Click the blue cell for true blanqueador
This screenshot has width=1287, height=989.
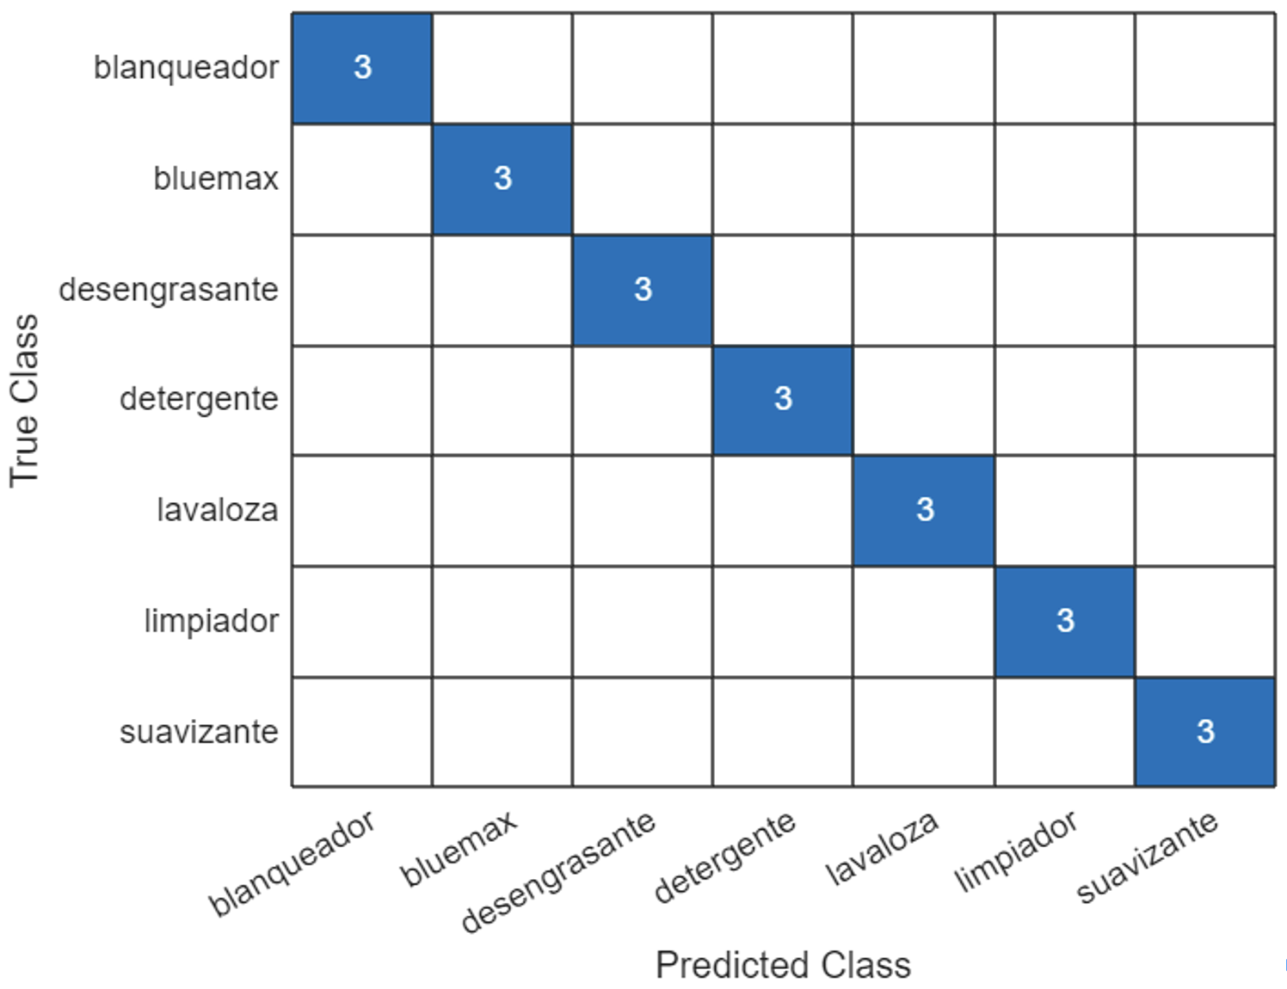[362, 68]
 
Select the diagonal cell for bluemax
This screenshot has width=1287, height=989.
[502, 179]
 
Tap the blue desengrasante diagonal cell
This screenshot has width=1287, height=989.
[643, 290]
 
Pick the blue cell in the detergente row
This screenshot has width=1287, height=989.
[783, 400]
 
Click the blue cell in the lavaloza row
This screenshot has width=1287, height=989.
[924, 510]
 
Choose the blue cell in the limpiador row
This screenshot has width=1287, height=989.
[1065, 621]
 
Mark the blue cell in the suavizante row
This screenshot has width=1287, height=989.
[1204, 732]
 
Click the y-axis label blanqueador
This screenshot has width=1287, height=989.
[186, 67]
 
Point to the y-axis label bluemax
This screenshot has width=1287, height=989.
[216, 179]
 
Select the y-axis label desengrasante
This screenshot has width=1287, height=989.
[169, 290]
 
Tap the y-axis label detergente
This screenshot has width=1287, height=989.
[199, 400]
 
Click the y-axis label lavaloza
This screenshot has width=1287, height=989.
[218, 510]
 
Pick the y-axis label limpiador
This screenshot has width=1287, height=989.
[211, 621]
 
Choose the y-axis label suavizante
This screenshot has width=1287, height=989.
[199, 732]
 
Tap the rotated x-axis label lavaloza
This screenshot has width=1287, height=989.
[881, 848]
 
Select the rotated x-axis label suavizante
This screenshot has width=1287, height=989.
[1147, 857]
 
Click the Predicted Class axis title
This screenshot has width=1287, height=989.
[783, 965]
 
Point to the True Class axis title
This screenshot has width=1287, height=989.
[25, 401]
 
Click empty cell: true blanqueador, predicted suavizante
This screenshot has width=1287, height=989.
[1204, 68]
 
